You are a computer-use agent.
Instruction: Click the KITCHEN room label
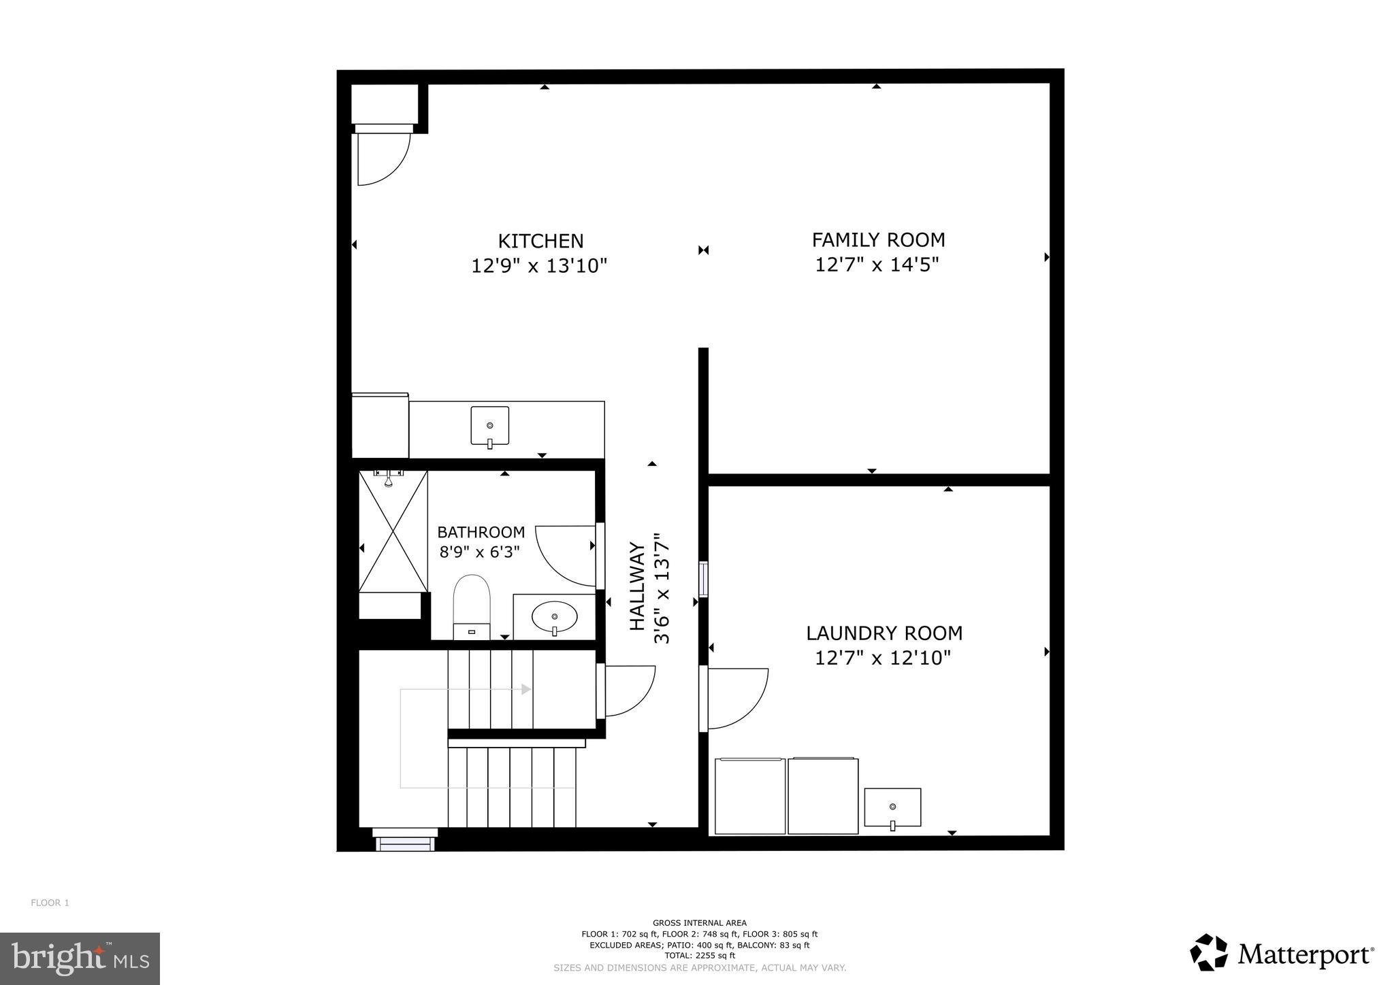tap(540, 241)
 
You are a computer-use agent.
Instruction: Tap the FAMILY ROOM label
tap(878, 240)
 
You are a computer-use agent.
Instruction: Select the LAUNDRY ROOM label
tap(884, 633)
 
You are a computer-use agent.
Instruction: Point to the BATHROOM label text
tap(481, 532)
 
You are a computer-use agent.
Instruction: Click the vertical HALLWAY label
tap(637, 586)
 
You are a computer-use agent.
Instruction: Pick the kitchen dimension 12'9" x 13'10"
tap(539, 265)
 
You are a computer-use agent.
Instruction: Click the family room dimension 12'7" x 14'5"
tap(877, 265)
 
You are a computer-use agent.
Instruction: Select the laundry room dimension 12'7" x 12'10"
tap(883, 658)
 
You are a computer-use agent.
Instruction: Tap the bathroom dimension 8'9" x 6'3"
tap(479, 552)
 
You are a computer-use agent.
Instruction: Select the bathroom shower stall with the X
tap(393, 531)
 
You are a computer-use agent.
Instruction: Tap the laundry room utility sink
tap(892, 807)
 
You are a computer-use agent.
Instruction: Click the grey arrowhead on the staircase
tap(525, 689)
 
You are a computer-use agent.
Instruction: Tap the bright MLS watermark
tap(80, 958)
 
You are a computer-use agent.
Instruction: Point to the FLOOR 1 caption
tap(50, 903)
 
